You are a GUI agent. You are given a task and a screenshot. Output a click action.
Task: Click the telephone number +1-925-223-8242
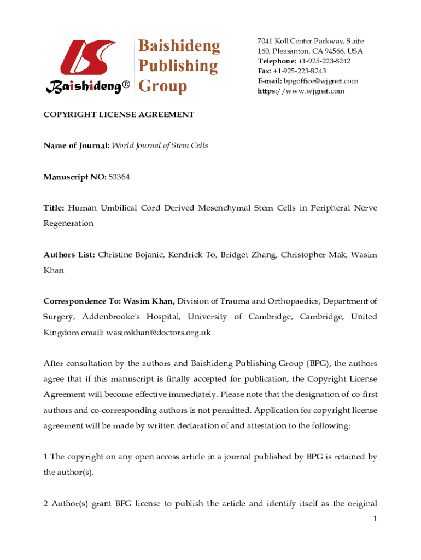[x=324, y=61]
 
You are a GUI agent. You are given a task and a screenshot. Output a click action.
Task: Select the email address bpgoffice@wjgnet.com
[x=321, y=81]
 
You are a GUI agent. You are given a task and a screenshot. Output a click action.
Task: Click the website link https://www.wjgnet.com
[x=301, y=91]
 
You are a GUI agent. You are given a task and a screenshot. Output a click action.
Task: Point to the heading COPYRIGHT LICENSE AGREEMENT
[x=119, y=115]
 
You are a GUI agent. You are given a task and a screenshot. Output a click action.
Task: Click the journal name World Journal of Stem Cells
[x=160, y=146]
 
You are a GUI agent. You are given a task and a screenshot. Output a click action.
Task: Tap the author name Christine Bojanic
[x=131, y=255]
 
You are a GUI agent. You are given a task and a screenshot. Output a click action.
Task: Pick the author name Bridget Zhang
[x=249, y=255]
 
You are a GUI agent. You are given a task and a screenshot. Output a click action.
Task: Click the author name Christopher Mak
[x=313, y=255]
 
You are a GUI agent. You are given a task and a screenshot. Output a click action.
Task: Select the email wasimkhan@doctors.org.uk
[x=159, y=332]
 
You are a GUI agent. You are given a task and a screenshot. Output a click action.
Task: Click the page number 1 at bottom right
[x=375, y=518]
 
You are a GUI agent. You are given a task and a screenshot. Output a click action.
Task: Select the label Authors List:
[x=69, y=255]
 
